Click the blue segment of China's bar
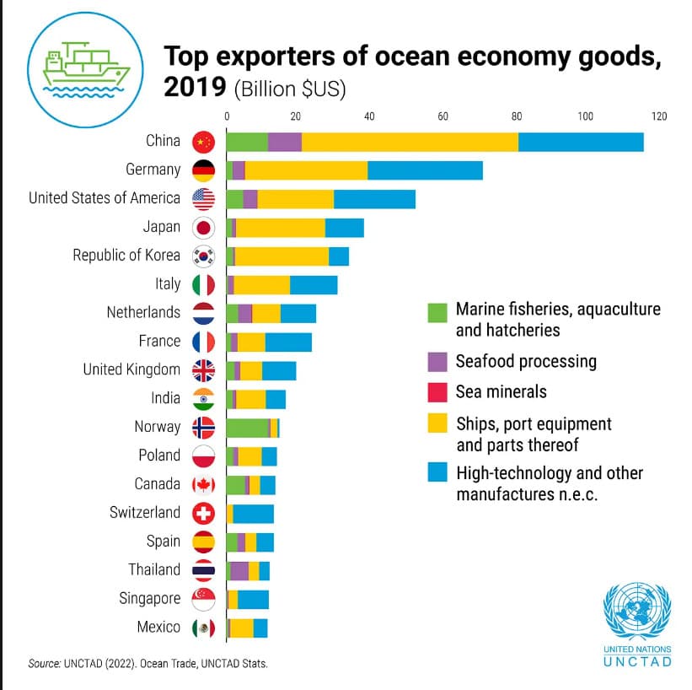[x=581, y=142]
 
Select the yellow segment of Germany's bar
[x=306, y=170]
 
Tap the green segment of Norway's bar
[x=246, y=427]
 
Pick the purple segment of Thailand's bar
[x=239, y=570]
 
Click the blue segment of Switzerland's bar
[x=253, y=513]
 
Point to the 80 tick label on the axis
[x=515, y=116]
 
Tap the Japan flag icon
[x=204, y=227]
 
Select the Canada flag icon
[x=204, y=484]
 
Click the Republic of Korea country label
[x=126, y=255]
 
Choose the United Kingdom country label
[x=131, y=369]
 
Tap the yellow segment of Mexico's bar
[x=242, y=628]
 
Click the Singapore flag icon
[x=204, y=599]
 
